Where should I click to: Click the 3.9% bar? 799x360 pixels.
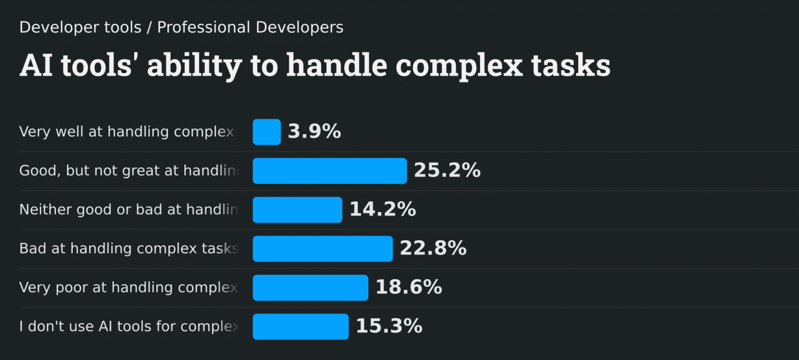[266, 132]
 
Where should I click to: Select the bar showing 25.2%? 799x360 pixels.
[329, 171]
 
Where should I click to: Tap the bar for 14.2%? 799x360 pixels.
[297, 210]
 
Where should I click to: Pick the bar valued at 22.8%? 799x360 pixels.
[323, 249]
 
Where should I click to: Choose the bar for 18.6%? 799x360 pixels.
[310, 288]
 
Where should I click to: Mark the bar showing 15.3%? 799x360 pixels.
[301, 327]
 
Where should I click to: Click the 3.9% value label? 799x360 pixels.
[314, 132]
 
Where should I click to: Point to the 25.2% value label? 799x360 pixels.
[447, 171]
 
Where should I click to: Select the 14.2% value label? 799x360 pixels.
[383, 210]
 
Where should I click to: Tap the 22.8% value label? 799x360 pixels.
[433, 249]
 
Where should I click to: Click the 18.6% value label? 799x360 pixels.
[409, 288]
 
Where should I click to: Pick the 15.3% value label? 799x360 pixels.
[389, 327]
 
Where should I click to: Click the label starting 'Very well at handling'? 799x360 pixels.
[127, 132]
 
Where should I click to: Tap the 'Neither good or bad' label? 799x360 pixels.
[129, 210]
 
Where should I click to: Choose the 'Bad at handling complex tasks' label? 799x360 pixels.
[129, 249]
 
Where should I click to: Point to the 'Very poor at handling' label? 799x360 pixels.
[128, 288]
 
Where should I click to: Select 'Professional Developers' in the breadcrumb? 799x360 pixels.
[250, 28]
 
